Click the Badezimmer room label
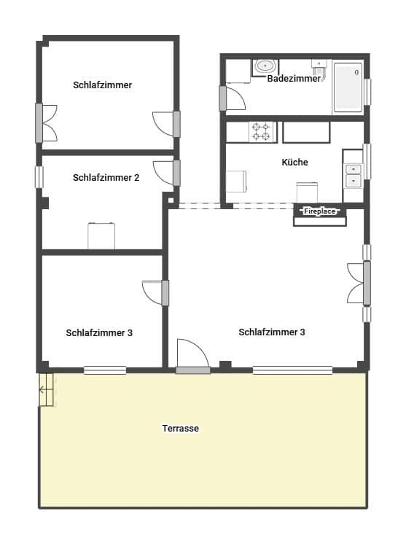tap(294, 79)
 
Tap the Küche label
tap(294, 163)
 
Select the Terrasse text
tap(181, 429)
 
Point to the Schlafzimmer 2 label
tap(106, 177)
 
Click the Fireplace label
tap(320, 211)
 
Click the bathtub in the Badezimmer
tap(348, 87)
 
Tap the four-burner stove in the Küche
tap(261, 132)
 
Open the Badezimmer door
tap(235, 98)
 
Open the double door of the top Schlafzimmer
tap(48, 122)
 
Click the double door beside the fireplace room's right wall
tap(357, 282)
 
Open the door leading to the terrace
tap(193, 357)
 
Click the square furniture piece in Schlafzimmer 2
tap(101, 235)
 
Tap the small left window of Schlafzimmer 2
tap(39, 177)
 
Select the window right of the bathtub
tap(367, 92)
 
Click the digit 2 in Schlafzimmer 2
tap(136, 177)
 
